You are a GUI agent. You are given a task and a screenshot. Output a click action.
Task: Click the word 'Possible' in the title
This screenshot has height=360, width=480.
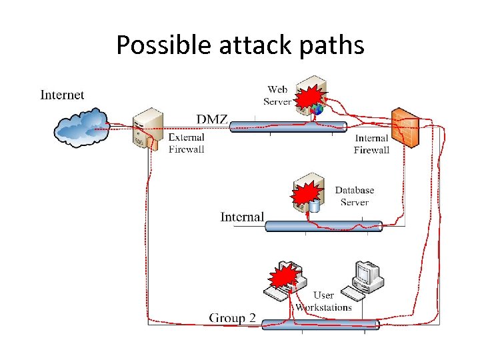150,45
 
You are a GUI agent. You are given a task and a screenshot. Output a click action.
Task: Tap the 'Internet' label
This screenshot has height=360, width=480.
62,95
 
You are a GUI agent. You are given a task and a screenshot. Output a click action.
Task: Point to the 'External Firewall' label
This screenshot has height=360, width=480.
186,143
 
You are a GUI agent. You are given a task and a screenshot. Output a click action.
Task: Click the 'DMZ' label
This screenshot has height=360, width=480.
212,119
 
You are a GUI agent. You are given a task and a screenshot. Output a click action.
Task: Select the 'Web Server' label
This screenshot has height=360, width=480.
277,95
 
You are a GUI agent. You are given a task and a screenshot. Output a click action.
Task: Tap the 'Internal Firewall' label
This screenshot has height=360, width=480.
371,144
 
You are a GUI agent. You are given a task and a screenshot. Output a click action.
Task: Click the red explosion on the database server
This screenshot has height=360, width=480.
306,194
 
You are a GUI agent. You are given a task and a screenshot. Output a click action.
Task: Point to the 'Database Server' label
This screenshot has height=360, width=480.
354,196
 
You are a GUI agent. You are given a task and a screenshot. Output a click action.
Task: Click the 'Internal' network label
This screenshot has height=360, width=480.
242,217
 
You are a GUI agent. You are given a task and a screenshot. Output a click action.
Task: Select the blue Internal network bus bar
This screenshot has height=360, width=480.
323,226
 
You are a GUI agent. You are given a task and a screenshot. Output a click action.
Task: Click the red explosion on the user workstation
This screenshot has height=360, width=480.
283,276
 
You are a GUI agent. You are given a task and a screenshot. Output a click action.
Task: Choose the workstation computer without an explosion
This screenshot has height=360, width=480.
366,275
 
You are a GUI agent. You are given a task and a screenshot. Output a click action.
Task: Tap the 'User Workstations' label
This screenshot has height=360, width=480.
323,301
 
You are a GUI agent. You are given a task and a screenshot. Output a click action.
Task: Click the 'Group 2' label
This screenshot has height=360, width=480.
232,318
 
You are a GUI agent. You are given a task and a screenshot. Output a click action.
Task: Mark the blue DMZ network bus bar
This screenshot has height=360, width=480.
288,127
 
